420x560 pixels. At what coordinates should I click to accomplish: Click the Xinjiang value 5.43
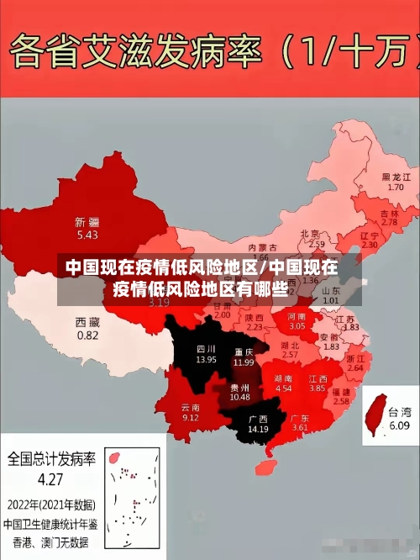click(x=87, y=235)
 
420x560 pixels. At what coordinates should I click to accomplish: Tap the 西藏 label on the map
click(x=87, y=322)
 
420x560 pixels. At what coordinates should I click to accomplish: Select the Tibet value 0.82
click(x=87, y=335)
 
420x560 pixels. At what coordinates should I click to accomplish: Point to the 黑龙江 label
click(x=396, y=177)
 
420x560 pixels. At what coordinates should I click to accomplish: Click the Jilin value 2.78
click(x=390, y=223)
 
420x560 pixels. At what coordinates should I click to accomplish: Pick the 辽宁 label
click(x=370, y=236)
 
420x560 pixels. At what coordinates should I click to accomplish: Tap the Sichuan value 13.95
click(x=206, y=359)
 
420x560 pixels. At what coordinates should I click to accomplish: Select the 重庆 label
click(x=244, y=351)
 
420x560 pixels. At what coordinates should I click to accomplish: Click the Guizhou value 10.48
click(x=239, y=397)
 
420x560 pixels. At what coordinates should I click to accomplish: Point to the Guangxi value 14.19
click(x=257, y=430)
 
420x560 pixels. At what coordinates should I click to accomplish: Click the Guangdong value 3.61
click(x=300, y=428)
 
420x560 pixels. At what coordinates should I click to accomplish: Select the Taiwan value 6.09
click(x=400, y=426)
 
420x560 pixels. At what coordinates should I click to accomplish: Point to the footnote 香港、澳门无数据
click(x=50, y=540)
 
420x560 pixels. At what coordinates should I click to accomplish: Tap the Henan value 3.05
click(x=297, y=325)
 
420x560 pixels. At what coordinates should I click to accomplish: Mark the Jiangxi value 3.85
click(x=317, y=388)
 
